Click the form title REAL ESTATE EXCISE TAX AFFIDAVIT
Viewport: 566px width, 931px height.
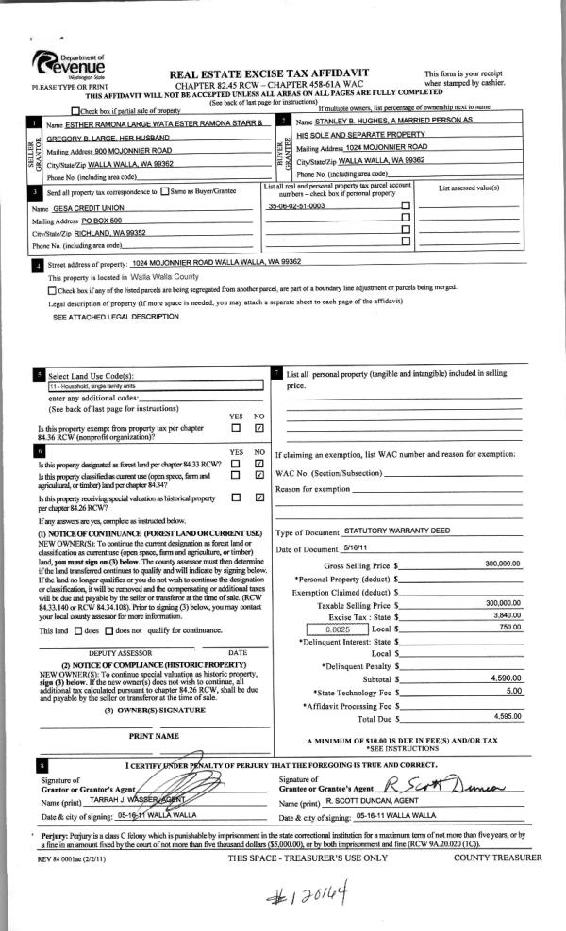tap(268, 73)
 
